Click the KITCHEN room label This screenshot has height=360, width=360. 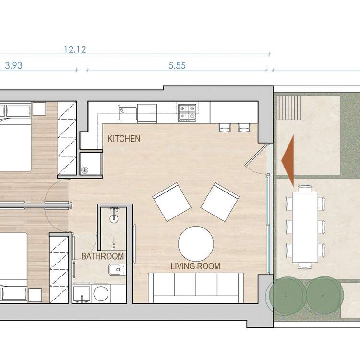(x=124, y=139)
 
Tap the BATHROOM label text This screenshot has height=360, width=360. (x=103, y=256)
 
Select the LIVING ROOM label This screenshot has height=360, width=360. (x=195, y=266)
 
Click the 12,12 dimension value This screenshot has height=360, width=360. (x=75, y=49)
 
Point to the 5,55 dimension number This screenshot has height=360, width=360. (x=177, y=66)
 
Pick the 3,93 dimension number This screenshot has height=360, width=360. (x=14, y=66)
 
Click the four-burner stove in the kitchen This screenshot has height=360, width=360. (x=187, y=113)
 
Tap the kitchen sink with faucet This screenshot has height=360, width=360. (x=127, y=113)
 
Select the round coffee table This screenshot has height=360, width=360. (x=196, y=244)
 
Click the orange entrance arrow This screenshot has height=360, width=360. (x=288, y=161)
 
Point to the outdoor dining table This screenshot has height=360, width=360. (x=305, y=228)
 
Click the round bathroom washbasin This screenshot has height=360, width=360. (x=114, y=219)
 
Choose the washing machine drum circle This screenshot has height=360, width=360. (x=101, y=293)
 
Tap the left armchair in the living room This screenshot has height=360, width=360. (x=172, y=202)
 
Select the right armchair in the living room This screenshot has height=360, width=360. (x=220, y=202)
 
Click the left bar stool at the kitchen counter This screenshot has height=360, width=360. (x=225, y=128)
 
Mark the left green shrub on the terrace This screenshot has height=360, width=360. (x=287, y=295)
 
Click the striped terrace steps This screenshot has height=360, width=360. (x=288, y=108)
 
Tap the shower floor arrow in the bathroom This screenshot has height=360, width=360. (x=114, y=243)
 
